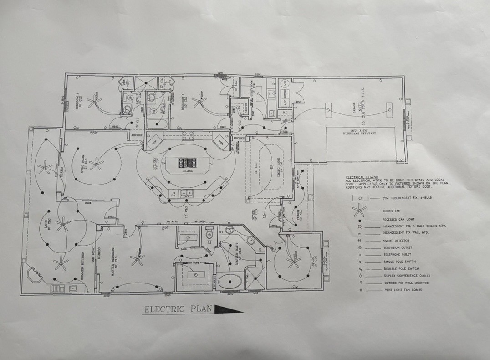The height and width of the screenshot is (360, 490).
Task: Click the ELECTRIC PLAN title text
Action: (x=178, y=309)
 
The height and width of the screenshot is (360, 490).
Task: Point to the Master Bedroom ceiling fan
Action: (x=137, y=258)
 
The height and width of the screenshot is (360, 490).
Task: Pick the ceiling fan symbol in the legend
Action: (x=360, y=210)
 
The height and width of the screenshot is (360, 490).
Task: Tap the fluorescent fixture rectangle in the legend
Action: (x=360, y=199)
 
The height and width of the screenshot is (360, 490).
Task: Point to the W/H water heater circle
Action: (x=283, y=83)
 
